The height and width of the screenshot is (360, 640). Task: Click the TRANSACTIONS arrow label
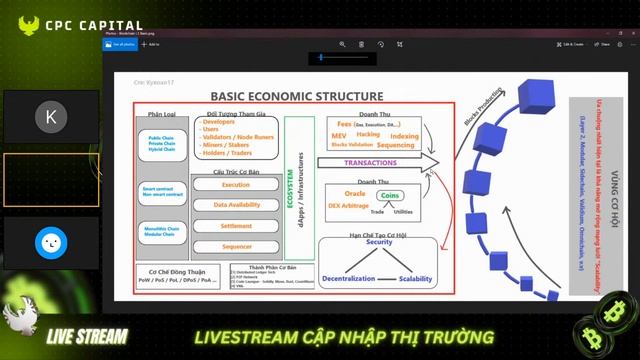click(x=371, y=162)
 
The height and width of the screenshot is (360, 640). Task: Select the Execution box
click(x=236, y=185)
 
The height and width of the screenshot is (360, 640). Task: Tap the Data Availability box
click(x=236, y=205)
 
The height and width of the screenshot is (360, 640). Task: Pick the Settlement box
click(x=236, y=225)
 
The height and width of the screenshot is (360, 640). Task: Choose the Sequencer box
click(x=236, y=245)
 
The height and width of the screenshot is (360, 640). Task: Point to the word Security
click(x=378, y=243)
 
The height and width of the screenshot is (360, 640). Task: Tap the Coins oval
click(x=390, y=197)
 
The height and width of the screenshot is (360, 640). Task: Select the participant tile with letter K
click(x=51, y=116)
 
